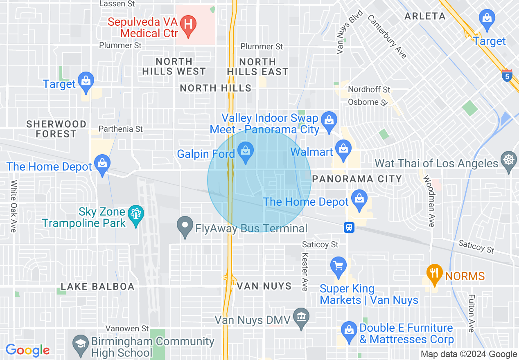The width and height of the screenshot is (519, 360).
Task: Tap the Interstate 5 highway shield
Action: pos(507,76)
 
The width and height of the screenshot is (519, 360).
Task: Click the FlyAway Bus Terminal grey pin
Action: pos(185,226)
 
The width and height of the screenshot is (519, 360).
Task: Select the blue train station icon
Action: pos(349,227)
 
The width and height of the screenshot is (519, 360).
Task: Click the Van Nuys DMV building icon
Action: pos(302,317)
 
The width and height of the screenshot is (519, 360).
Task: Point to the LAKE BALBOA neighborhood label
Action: pos(97,286)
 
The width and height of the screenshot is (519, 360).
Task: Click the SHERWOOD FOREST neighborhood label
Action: pos(56,129)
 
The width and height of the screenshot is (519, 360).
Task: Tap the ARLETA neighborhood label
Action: pos(425,16)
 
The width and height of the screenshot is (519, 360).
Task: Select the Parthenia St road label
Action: pos(121,129)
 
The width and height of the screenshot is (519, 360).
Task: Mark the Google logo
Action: pos(27,351)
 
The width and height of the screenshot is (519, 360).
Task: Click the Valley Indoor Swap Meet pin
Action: pos(329,121)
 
